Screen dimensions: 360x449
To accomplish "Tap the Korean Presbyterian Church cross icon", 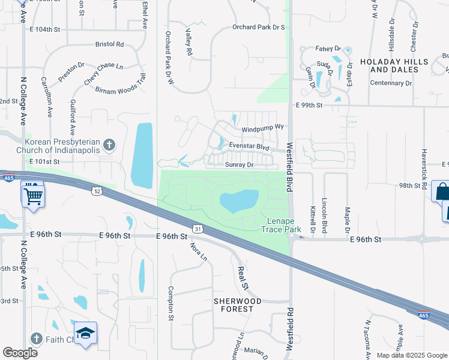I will pos(109,145).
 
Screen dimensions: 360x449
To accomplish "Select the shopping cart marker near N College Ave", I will pos(32,194).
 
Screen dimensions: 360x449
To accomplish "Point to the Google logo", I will pos(20,353).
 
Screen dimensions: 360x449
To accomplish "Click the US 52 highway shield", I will pos(97,191).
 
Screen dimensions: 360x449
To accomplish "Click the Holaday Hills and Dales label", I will pos(394,65).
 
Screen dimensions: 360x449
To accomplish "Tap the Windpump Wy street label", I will pos(262,129).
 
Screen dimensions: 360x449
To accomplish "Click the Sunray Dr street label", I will pos(240,164).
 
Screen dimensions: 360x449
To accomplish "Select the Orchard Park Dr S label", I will pos(258,27).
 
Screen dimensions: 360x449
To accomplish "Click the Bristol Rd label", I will pos(109,44).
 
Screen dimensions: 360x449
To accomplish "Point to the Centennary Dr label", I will pos(391,83).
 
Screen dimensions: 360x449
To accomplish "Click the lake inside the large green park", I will pos(240,201).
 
